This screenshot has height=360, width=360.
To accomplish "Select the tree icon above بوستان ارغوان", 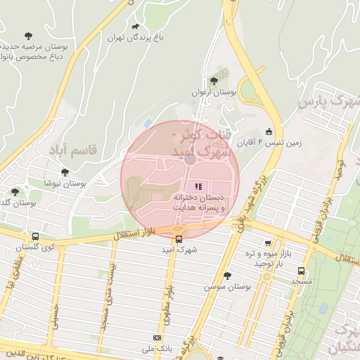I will click(214, 81).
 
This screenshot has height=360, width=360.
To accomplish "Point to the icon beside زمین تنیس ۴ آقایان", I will click(269, 131).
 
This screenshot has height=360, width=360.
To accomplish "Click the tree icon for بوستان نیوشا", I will click(65, 172).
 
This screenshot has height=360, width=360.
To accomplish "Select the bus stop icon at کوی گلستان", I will click(35, 236).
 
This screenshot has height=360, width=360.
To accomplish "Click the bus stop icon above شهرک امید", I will click(179, 239).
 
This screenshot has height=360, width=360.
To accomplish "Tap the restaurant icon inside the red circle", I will click(199, 187).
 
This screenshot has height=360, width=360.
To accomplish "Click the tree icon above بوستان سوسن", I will click(226, 276).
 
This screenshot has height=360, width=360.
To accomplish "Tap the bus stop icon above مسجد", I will click(302, 271).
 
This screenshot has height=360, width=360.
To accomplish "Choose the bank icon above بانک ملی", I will click(156, 338).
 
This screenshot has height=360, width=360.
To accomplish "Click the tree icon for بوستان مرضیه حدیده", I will click(28, 35).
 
